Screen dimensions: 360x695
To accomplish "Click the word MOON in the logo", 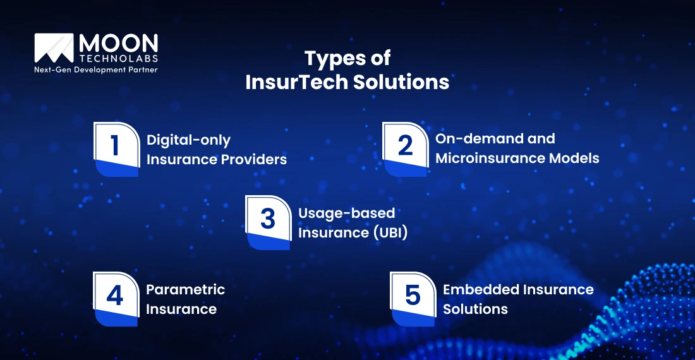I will pyautogui.click(x=118, y=44).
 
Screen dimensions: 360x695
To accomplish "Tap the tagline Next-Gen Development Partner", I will pyautogui.click(x=95, y=69).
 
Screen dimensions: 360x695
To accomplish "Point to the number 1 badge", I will pyautogui.click(x=116, y=149).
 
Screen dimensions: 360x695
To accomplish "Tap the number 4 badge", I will pyautogui.click(x=115, y=299).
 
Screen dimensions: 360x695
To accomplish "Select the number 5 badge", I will pyautogui.click(x=413, y=299).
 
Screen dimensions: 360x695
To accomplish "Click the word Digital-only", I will pyautogui.click(x=188, y=140).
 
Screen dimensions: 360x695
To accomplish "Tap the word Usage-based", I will pyautogui.click(x=346, y=213).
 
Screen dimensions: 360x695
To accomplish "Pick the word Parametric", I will pyautogui.click(x=185, y=290).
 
